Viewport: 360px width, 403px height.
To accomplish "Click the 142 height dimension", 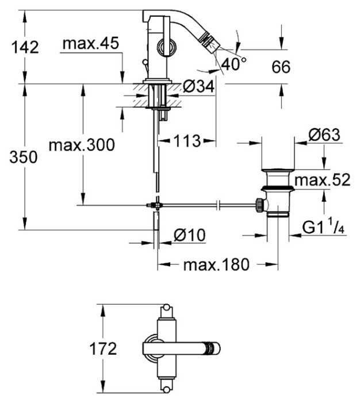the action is point(25,47).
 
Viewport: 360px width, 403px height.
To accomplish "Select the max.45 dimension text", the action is point(91,43).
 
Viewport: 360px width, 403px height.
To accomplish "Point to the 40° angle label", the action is point(233,64).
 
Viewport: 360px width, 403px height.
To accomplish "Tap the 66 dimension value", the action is point(281,67).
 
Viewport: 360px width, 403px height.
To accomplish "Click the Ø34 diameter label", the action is point(198,86).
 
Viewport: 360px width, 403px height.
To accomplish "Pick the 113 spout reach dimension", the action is point(187,141).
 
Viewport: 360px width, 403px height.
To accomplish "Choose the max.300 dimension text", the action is point(82,145).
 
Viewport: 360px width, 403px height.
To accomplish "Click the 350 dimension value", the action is point(24,157).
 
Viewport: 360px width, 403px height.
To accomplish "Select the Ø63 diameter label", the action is point(324,134).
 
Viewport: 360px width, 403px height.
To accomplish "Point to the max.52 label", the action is point(323,179).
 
